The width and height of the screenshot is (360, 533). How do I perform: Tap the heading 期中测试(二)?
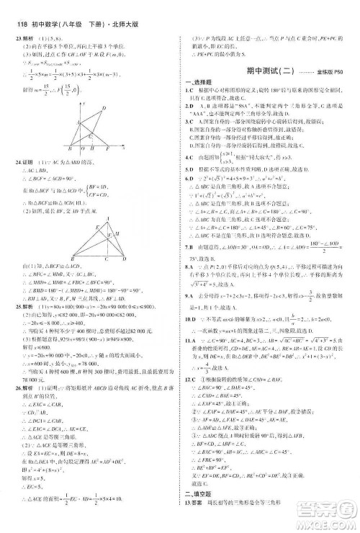[x=264, y=73]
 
